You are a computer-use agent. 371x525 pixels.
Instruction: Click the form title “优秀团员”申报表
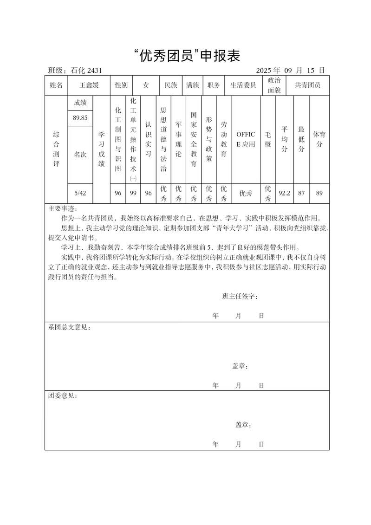[185, 56]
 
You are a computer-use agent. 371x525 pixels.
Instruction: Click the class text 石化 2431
[86, 71]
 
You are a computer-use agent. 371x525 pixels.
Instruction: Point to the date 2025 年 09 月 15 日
[290, 71]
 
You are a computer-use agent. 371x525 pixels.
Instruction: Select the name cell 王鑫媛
[89, 85]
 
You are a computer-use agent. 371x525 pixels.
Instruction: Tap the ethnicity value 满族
[193, 85]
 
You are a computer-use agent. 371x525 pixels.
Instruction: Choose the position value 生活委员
[243, 85]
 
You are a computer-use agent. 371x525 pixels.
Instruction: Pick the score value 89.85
[80, 118]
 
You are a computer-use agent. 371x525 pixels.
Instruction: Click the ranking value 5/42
[80, 193]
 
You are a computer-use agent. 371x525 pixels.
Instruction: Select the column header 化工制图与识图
[118, 139]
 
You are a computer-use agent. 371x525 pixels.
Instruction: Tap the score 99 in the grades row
[133, 193]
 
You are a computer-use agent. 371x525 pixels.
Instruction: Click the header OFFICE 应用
[246, 139]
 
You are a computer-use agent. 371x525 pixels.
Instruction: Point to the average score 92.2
[284, 193]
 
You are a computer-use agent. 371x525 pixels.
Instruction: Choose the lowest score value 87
[301, 193]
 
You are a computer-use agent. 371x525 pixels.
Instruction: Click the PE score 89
[319, 193]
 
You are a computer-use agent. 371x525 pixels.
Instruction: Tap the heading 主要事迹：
[64, 208]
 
